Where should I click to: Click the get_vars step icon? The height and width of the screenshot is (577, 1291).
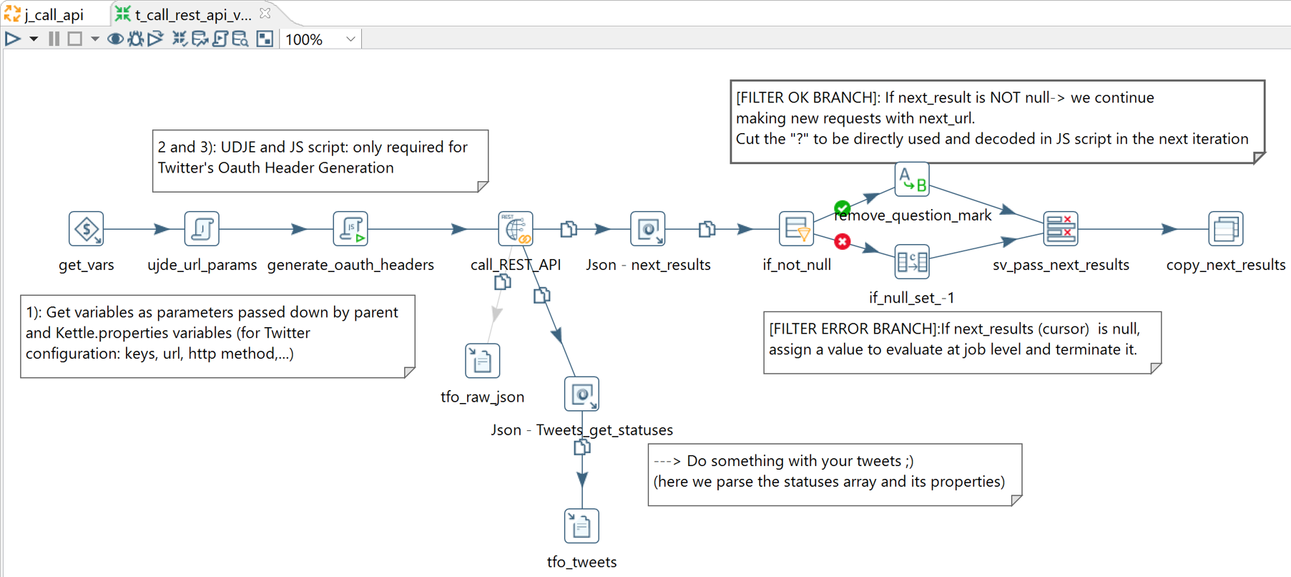(87, 229)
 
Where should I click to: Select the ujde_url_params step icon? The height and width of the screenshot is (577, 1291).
(202, 229)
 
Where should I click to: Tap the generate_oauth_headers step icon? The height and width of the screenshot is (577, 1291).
(350, 229)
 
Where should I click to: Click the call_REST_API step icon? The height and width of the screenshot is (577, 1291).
(516, 229)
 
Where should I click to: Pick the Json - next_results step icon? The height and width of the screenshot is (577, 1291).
(648, 229)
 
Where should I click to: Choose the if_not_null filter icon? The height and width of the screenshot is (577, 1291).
(796, 229)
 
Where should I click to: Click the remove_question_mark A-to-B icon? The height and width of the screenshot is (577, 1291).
(912, 179)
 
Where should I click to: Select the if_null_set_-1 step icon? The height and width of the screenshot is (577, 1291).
(912, 262)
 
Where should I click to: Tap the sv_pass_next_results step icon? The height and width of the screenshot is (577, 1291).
(1061, 229)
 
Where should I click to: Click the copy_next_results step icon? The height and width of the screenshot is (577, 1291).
(1226, 229)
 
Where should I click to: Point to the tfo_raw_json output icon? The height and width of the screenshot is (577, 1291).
(483, 361)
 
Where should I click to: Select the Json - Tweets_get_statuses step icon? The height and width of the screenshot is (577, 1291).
(581, 394)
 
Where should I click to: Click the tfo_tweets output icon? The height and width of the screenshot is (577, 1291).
(581, 526)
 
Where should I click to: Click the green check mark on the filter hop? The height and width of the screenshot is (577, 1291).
(843, 208)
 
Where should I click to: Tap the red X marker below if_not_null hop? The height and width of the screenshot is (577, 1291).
(843, 242)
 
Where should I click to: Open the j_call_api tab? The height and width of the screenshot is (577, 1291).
(54, 14)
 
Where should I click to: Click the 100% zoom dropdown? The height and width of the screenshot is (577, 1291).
(321, 39)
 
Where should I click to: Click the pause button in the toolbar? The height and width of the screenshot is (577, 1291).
(54, 39)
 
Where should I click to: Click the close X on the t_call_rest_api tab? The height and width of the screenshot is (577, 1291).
(265, 14)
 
